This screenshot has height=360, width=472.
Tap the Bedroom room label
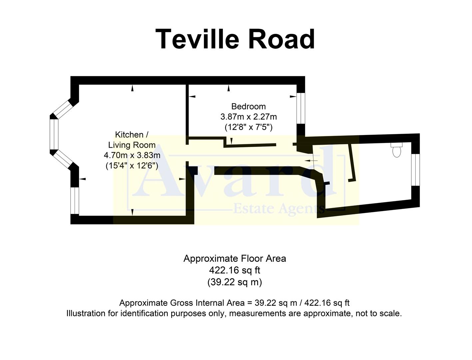[x=248, y=106]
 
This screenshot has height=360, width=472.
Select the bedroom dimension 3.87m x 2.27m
[x=248, y=117]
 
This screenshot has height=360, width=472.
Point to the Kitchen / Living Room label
[x=132, y=140]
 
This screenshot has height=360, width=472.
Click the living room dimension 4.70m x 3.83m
[x=132, y=155]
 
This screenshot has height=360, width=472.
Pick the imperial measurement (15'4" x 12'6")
[x=132, y=165]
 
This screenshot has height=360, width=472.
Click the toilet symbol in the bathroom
[x=396, y=150]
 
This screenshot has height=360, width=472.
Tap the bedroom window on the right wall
[x=301, y=108]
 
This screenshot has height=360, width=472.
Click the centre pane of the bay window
[x=54, y=134]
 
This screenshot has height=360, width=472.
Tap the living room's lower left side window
[x=75, y=200]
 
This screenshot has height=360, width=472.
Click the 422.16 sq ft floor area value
[x=235, y=270]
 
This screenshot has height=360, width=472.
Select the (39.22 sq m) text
[x=235, y=282]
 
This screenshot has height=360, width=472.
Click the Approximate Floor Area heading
[x=235, y=259]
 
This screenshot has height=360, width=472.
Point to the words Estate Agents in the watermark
[x=278, y=209]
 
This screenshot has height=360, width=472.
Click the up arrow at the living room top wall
[x=132, y=88]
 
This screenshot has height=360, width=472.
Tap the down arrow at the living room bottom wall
[x=132, y=212]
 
